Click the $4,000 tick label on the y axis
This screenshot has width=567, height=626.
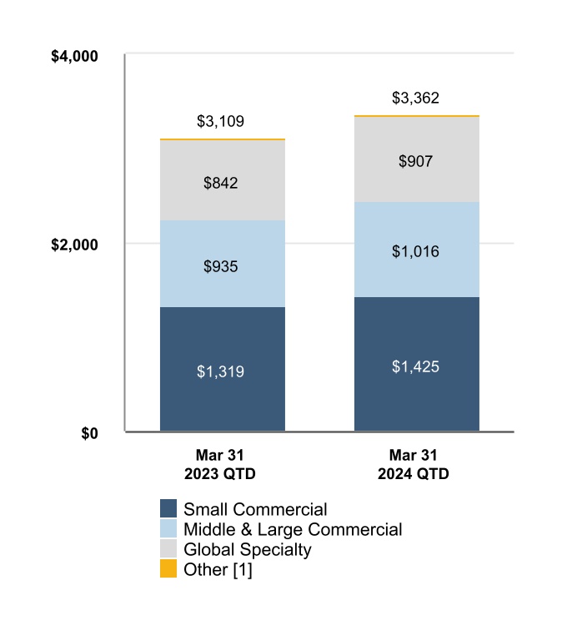tap(75, 57)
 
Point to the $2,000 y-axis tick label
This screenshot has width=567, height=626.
tap(75, 245)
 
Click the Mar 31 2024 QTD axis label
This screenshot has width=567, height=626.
tap(415, 465)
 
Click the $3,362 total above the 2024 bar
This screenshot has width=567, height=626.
tap(415, 98)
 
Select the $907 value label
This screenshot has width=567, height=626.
tap(415, 161)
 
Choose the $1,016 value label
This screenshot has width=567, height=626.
tap(415, 251)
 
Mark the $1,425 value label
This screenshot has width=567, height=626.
tap(415, 366)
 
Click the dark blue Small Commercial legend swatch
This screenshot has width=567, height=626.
tap(168, 509)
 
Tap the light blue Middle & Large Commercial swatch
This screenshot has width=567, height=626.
tap(168, 529)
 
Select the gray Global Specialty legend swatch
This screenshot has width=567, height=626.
tap(168, 549)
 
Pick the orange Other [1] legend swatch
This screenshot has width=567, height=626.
tap(168, 569)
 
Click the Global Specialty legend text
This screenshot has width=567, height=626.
tap(247, 549)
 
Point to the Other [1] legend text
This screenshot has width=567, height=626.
tap(218, 569)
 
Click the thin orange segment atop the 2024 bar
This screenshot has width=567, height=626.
tap(415, 116)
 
